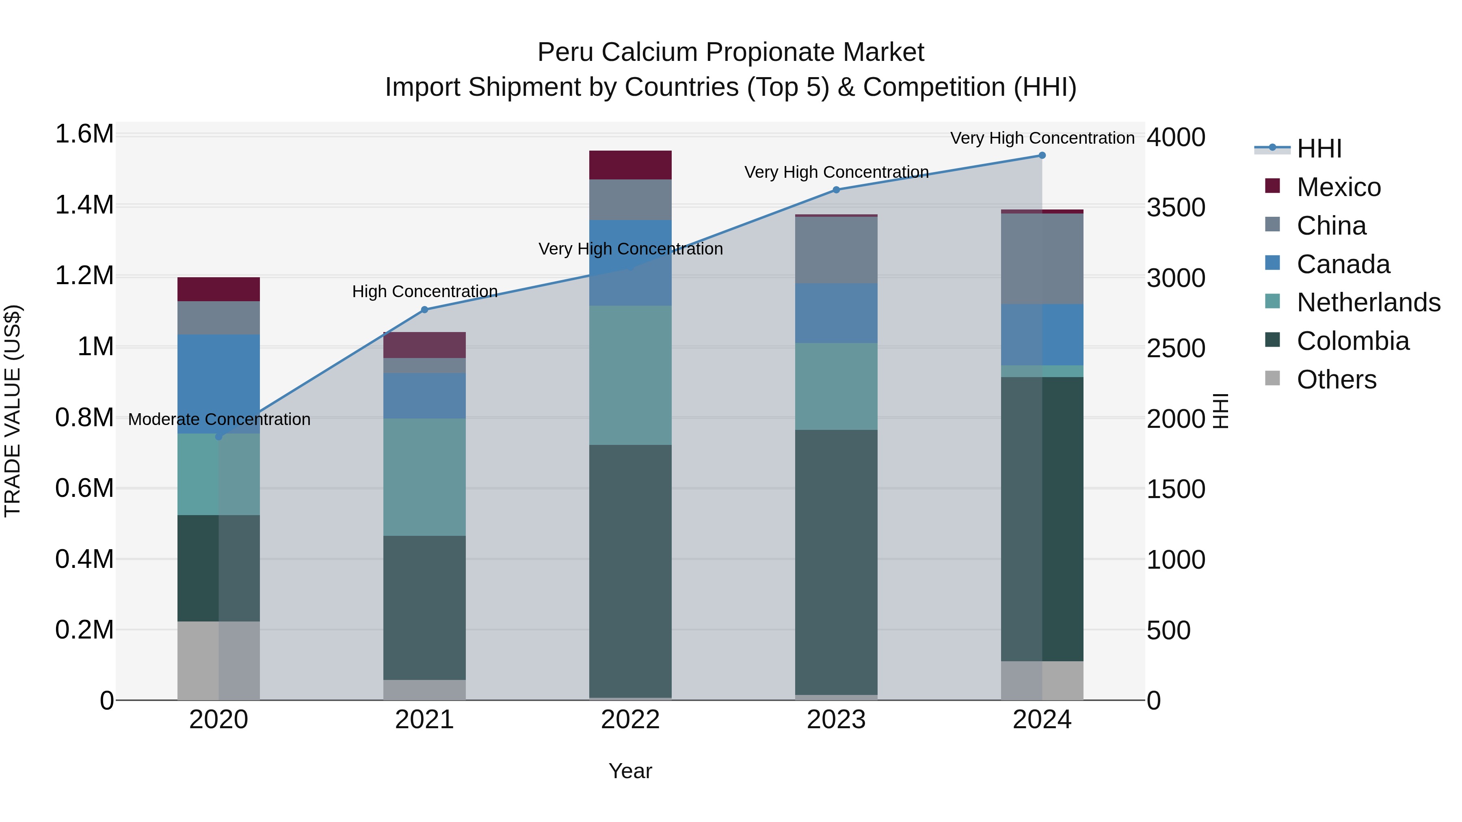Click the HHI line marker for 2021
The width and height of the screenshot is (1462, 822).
click(424, 310)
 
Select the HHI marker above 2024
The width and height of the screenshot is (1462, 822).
click(1042, 155)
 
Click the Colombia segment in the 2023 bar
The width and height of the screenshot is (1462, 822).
click(836, 562)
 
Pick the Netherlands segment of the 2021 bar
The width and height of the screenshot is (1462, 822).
click(424, 477)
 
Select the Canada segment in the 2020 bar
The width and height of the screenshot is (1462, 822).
click(218, 384)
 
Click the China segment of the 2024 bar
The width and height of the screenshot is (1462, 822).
click(1042, 259)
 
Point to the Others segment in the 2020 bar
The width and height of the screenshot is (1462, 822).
click(218, 660)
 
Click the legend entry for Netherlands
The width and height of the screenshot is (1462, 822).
click(1368, 302)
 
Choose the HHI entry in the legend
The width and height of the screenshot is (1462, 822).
click(1319, 149)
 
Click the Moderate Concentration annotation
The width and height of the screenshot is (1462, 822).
click(219, 419)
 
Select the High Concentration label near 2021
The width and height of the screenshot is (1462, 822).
click(424, 291)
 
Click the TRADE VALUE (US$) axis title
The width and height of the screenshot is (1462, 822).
click(13, 411)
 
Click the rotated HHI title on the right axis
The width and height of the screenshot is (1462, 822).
click(1220, 411)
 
